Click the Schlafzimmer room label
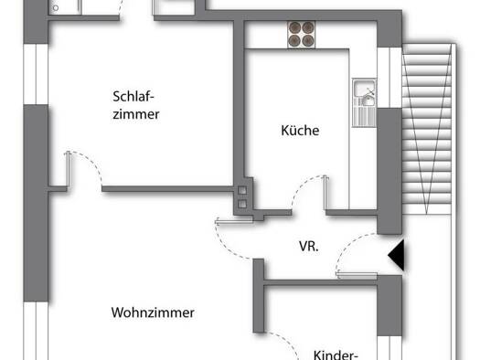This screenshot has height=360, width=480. click(136, 105)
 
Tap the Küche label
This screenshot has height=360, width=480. click(300, 131)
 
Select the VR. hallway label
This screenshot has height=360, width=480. click(309, 247)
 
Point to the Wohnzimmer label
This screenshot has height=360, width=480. click(153, 312)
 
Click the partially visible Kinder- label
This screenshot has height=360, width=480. click(336, 355)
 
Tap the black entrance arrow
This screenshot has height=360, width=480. click(396, 255)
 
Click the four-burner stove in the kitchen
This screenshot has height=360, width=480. click(301, 35)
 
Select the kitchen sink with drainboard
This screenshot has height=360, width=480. click(364, 102)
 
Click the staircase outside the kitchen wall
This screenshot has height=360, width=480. click(426, 129)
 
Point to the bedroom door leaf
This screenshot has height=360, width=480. click(69, 169)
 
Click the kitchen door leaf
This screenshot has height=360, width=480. click(326, 193)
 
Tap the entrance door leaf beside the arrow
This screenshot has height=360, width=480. click(357, 275)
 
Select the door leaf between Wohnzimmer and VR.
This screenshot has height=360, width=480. click(234, 221)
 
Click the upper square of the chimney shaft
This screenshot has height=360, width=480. click(242, 191)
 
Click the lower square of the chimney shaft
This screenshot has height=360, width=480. click(242, 204)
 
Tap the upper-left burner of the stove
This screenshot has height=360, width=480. click(295, 27)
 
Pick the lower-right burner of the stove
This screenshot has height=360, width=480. click(307, 41)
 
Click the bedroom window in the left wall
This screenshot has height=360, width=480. click(36, 74)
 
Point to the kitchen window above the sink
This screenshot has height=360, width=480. click(389, 78)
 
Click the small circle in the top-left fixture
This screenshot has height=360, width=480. click(56, 8)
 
